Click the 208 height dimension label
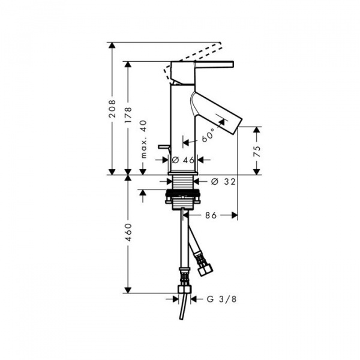coord(112,109)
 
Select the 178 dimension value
coord(128,115)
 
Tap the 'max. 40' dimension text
coord(143,139)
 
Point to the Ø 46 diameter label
coord(183,160)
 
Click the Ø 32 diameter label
coord(223,182)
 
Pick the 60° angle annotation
coord(208,136)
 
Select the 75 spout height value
coord(257,151)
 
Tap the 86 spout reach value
coord(211,215)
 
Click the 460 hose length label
coord(128,232)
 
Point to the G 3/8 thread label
coord(221,299)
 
